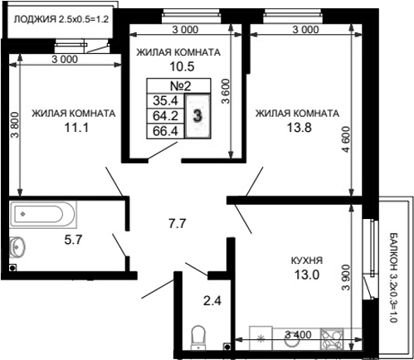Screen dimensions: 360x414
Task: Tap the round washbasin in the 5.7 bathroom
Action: click(19, 246)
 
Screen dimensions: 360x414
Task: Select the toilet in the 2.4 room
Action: click(198, 337)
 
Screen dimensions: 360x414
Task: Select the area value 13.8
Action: click(295, 128)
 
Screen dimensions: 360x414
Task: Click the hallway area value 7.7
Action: click(177, 223)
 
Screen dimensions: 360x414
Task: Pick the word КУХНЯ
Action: click(306, 260)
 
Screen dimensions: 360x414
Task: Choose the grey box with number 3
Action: click(197, 115)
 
